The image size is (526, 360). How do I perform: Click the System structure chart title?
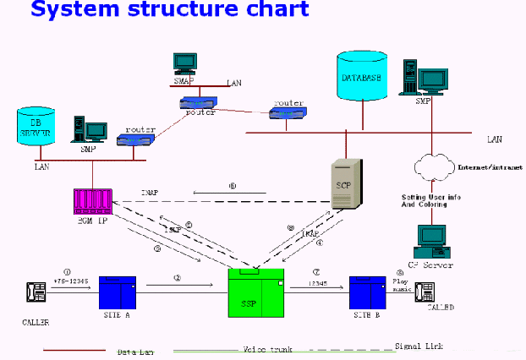(170, 11)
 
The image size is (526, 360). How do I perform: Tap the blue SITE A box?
(118, 292)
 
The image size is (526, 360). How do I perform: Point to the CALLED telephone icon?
(423, 292)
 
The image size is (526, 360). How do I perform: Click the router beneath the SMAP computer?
(198, 103)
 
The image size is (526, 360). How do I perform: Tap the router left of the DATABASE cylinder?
(287, 112)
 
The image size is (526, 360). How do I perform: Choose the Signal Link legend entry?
(419, 346)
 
